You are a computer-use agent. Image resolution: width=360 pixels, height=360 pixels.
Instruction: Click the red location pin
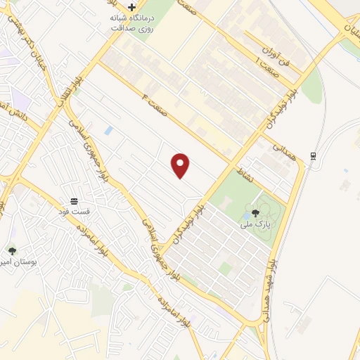[x=181, y=165]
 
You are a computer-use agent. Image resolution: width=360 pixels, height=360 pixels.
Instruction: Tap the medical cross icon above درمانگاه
[x=131, y=7]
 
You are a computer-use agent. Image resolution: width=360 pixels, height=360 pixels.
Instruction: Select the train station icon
[x=313, y=156]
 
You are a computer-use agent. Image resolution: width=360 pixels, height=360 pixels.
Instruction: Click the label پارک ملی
[x=255, y=225]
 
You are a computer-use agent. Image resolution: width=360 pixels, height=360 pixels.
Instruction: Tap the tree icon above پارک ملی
[x=255, y=212]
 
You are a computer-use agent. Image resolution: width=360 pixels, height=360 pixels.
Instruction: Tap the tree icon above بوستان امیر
[x=12, y=250]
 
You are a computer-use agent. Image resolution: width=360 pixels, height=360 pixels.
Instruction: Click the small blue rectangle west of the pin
[x=108, y=130]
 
